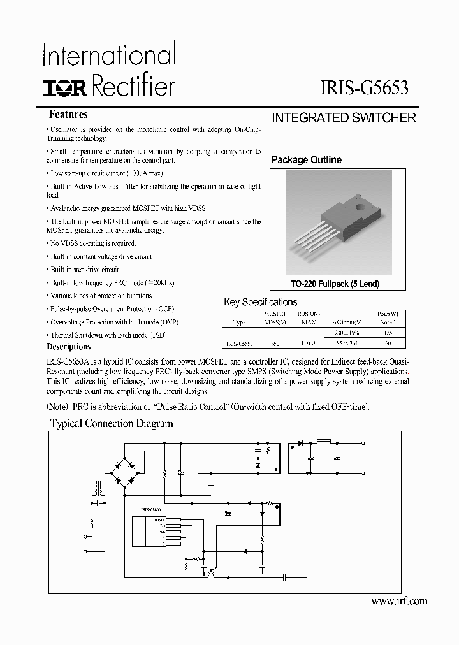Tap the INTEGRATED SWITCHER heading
(344, 118)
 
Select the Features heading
(68, 115)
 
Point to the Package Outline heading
(306, 160)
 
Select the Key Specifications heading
(260, 302)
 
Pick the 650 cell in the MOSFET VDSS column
(275, 343)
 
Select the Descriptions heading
(69, 347)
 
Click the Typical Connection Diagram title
(112, 423)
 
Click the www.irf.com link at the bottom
(399, 600)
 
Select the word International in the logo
(108, 55)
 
